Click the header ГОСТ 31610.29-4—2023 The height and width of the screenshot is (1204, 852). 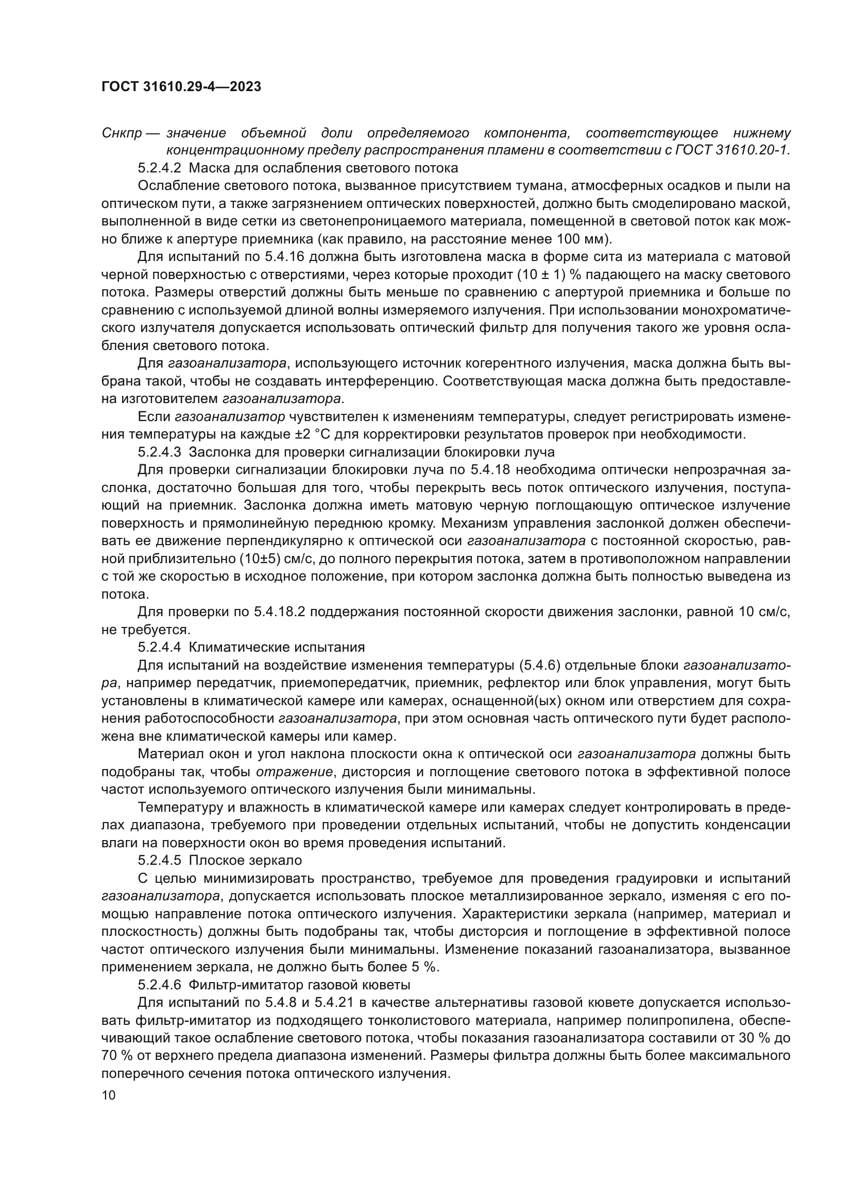click(181, 87)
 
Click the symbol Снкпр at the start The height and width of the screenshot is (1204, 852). click(122, 133)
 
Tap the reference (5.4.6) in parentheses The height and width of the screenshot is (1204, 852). click(540, 666)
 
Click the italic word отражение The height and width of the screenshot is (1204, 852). click(294, 772)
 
